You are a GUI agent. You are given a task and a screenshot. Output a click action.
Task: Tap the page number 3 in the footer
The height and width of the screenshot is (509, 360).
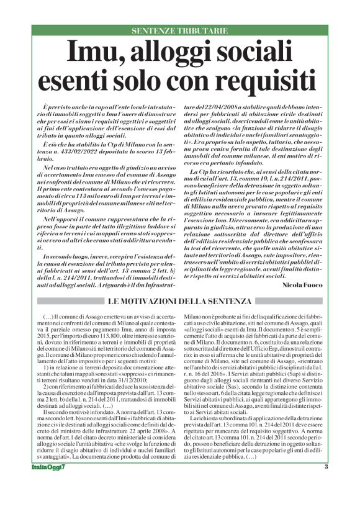click(x=325, y=484)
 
